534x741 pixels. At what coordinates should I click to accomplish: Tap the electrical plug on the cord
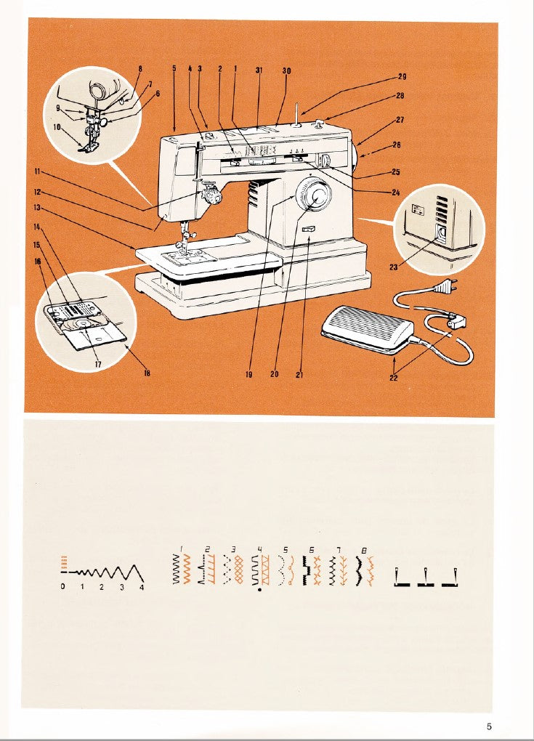tap(443, 288)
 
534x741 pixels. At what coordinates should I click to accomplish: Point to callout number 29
tap(402, 76)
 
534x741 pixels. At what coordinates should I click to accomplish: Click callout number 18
tap(147, 375)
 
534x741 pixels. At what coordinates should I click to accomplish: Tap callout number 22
tap(394, 378)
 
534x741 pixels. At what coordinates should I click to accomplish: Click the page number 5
tap(490, 725)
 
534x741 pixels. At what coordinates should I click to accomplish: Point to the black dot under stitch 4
tap(259, 590)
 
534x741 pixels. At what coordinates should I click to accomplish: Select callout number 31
tap(259, 70)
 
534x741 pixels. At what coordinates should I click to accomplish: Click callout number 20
tap(275, 375)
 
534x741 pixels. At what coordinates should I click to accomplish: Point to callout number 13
tap(36, 207)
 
